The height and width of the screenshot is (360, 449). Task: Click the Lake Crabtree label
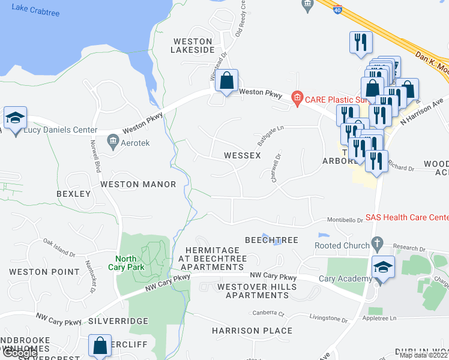[35, 9]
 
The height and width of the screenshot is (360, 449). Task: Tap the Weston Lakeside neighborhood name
[193, 46]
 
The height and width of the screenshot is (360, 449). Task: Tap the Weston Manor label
[138, 184]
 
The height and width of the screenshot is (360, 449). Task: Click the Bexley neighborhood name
[73, 194]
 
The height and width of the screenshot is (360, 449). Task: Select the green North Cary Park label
[127, 263]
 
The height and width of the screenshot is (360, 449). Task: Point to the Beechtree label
[271, 239]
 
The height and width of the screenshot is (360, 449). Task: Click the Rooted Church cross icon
[377, 245]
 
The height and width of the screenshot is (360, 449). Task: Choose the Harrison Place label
[252, 331]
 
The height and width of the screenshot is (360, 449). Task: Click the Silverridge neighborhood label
[118, 321]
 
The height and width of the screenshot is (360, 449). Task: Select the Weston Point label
[44, 272]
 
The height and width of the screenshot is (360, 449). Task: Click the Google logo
[19, 353]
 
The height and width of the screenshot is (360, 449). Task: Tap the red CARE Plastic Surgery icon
[296, 97]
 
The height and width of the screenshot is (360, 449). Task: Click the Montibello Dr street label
[345, 220]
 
